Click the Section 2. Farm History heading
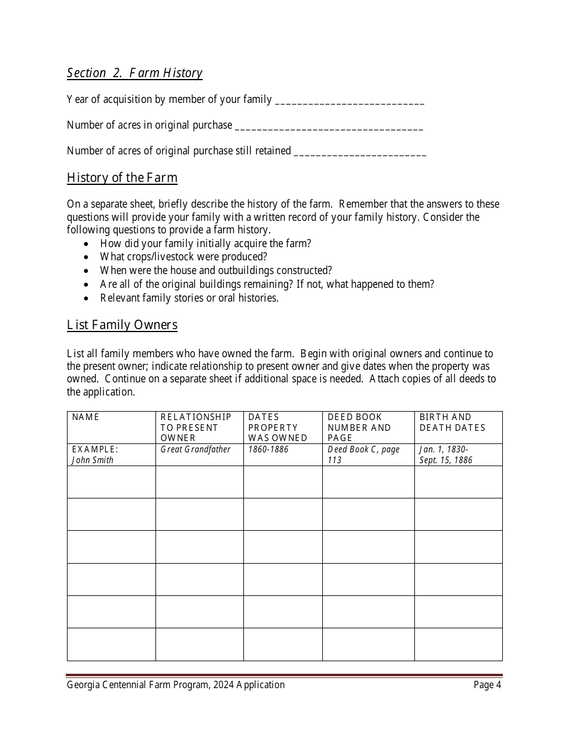[x=135, y=73]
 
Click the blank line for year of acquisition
[x=349, y=101]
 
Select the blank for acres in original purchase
[x=329, y=126]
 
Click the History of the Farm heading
[x=122, y=178]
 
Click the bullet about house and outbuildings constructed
[x=216, y=270]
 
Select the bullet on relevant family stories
[x=189, y=298]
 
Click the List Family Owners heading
[x=122, y=325]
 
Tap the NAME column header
[x=85, y=417]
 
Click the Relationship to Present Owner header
[x=196, y=427]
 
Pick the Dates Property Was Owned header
[x=277, y=427]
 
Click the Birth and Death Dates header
[x=452, y=422]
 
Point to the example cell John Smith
[x=93, y=460]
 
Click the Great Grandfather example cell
[x=195, y=449]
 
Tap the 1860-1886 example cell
[x=268, y=449]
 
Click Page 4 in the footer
[x=487, y=685]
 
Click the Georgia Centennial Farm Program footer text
[x=176, y=685]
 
